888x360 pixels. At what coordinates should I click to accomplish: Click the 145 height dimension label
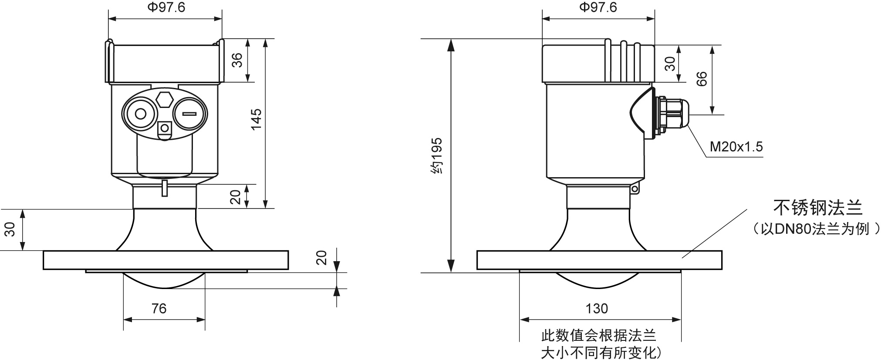point(257,119)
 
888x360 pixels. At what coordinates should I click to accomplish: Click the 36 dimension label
point(237,60)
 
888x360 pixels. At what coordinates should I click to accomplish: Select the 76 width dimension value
point(159,309)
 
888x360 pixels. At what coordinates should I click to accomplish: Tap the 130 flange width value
point(596,309)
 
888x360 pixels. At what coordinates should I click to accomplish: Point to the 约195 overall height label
point(436,156)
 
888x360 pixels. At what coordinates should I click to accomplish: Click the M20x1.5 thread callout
point(736,147)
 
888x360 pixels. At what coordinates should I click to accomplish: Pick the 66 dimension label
point(702,79)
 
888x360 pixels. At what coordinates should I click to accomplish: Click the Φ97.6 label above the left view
point(165,7)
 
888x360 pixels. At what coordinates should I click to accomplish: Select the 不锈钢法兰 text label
point(817,208)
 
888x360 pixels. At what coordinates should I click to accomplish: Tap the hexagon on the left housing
point(164,98)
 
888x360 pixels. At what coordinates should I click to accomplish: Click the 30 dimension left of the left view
point(10,229)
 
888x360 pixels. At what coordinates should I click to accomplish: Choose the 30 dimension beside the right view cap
point(670,64)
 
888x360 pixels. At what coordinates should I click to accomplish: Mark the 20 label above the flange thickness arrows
point(321,258)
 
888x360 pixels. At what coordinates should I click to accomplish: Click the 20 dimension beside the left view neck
point(236,197)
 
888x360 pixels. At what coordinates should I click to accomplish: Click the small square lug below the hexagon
point(165,128)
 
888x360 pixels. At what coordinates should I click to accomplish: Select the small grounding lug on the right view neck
point(635,189)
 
